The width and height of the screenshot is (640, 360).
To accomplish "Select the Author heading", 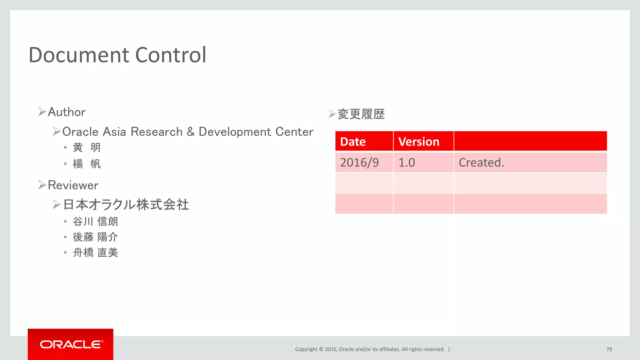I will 67,112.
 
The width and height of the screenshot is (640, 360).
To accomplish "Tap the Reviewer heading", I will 73,185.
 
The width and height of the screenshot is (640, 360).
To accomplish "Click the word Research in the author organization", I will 157,132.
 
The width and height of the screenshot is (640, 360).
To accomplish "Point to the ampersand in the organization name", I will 191,132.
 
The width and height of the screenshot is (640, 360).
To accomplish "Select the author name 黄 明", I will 87,147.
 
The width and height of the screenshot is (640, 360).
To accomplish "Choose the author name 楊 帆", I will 87,164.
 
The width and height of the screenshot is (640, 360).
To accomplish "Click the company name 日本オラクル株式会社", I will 126,205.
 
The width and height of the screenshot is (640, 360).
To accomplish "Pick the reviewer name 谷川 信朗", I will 95,222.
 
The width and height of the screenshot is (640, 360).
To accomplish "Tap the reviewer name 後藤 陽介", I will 95,237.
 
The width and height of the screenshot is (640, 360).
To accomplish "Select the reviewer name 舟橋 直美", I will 95,252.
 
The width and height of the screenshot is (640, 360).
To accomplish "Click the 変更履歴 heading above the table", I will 361,114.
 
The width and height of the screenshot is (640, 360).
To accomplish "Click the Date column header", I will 353,142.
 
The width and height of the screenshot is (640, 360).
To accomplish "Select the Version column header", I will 419,142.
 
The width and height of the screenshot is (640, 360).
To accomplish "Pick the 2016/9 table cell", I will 359,162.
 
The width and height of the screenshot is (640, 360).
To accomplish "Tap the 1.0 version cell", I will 407,162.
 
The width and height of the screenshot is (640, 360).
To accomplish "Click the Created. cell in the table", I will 481,162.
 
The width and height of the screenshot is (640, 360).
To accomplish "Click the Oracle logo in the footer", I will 71,344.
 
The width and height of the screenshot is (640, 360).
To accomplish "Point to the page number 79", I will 609,349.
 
